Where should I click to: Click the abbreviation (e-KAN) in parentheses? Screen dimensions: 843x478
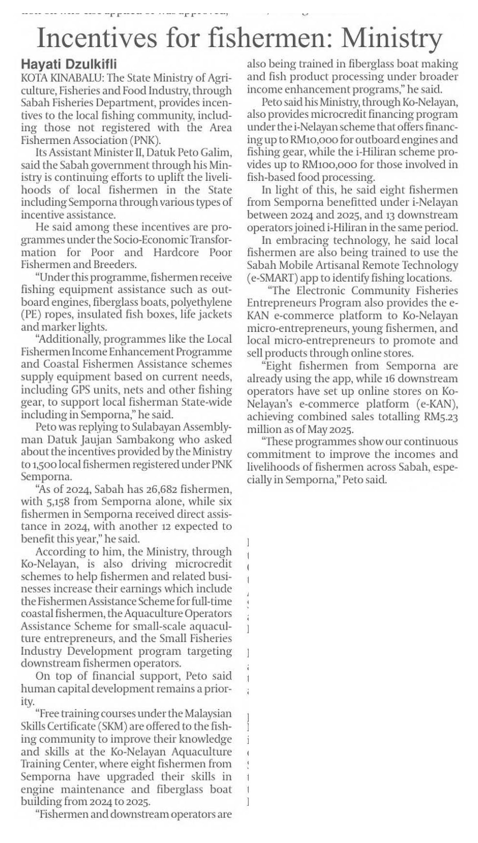(x=439, y=404)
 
